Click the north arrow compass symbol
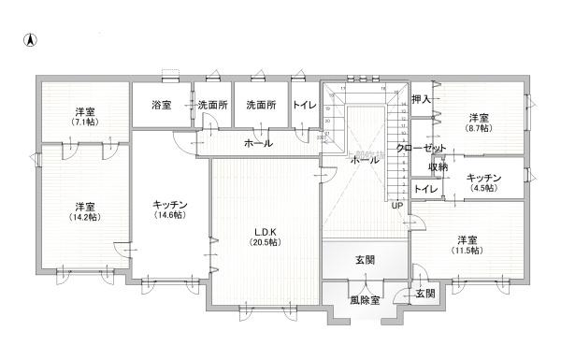click(30, 40)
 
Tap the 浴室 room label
click(161, 106)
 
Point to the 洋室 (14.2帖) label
click(86, 211)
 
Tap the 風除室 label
click(366, 300)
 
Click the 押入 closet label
click(421, 98)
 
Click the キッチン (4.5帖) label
click(483, 182)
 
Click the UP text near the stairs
click(397, 206)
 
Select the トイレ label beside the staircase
click(304, 106)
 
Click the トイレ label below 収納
click(425, 190)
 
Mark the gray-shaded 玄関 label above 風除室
click(365, 259)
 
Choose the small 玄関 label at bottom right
click(425, 294)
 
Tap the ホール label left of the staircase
click(258, 143)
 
